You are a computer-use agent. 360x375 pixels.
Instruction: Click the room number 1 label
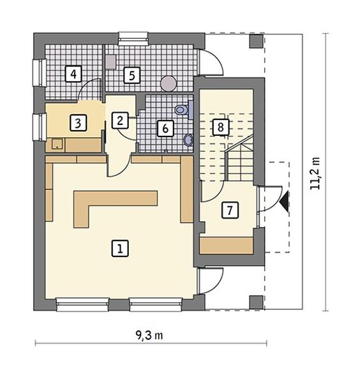coord(120,249)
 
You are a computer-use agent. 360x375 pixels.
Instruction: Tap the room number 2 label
coord(120,121)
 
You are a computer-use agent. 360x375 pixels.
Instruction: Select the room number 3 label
coord(78,123)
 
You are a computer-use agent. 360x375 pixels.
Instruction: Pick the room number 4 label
coord(73,74)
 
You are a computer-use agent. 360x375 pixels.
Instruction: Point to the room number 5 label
coord(132,75)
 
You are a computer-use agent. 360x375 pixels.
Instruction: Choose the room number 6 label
coord(165,128)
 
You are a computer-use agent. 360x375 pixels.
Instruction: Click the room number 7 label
coord(230,210)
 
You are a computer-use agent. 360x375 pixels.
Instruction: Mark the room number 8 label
coord(220,127)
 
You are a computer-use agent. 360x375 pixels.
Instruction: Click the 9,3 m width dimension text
coord(149,335)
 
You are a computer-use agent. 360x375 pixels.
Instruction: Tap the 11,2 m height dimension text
coord(315,173)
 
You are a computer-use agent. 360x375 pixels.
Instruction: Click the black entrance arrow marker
coord(285,202)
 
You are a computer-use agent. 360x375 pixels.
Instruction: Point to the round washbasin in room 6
coord(189,140)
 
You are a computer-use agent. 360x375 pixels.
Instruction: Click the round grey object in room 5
coord(169,84)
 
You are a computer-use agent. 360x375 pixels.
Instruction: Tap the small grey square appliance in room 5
coord(110,62)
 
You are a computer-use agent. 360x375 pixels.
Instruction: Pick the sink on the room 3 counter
coord(57,144)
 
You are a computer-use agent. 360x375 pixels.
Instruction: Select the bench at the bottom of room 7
coord(227,246)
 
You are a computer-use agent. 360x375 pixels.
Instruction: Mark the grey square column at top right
coord(257,41)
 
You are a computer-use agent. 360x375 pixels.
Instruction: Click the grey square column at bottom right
coord(257,302)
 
